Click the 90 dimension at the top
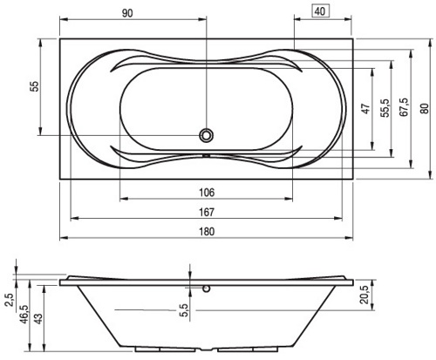(127, 13)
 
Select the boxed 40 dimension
(320, 11)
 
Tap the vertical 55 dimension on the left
(34, 86)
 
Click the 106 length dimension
(207, 193)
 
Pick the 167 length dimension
(207, 212)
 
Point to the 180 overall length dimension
(207, 232)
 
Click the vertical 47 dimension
(366, 108)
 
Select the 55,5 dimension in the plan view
(385, 108)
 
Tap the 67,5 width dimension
(404, 107)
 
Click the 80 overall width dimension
(424, 108)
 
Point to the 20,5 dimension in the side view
(364, 295)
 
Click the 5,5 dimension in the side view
(185, 310)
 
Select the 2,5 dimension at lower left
(9, 300)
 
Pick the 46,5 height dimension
(24, 315)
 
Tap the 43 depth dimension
(38, 318)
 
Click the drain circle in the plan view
(207, 135)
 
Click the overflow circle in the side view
(207, 289)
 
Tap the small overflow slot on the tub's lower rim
(207, 155)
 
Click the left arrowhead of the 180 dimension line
(64, 238)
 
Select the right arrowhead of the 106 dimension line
(289, 199)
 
